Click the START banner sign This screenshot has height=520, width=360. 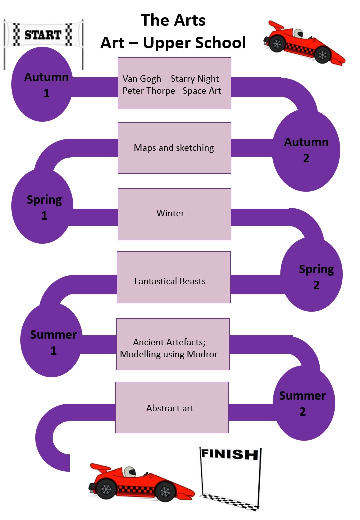pos(43,35)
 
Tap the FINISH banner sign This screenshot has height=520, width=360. pos(229,454)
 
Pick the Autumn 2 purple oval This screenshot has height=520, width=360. pos(306,150)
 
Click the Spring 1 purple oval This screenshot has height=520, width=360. pos(44,208)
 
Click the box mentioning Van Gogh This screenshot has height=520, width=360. pos(174,83)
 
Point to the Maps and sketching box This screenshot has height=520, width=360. pos(174,148)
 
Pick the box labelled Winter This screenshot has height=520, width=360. pos(174,214)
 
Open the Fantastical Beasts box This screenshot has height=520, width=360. pos(173,277)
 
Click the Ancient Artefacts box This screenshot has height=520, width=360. pos(173,344)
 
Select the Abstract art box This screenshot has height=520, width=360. pos(172,408)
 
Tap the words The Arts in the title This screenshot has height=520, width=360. pos(173,21)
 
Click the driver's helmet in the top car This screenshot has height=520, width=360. pos(298,34)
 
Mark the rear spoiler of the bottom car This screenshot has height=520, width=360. pos(100,468)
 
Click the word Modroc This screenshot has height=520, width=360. pos(204,354)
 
